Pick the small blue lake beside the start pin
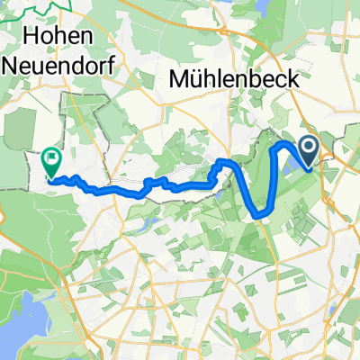(295, 163)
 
